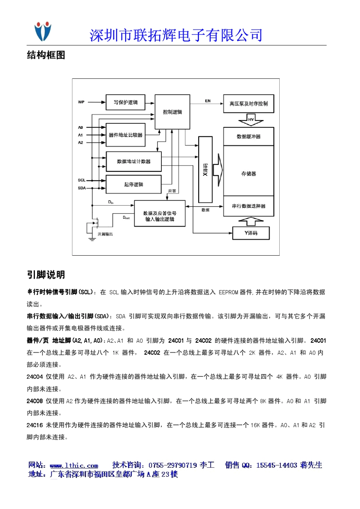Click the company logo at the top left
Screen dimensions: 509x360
click(x=43, y=31)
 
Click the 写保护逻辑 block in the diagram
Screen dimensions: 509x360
click(x=125, y=102)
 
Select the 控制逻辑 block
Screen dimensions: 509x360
click(x=172, y=112)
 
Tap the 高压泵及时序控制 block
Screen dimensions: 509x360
click(x=249, y=103)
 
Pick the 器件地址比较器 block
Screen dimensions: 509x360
click(x=125, y=135)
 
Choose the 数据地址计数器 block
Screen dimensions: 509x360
click(x=134, y=161)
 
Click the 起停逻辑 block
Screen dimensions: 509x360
click(x=134, y=184)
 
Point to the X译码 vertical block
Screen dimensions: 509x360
click(x=205, y=170)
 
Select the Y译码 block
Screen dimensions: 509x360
click(x=251, y=233)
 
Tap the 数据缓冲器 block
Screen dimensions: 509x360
click(x=249, y=136)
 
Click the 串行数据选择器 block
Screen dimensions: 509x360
click(x=249, y=206)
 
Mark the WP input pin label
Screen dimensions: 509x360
click(x=81, y=102)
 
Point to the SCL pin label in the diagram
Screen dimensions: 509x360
click(x=81, y=180)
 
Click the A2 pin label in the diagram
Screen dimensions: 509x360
click(x=80, y=143)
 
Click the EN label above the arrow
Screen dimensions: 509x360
click(x=208, y=101)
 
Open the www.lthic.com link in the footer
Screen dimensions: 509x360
click(x=74, y=465)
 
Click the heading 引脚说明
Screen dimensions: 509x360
click(x=46, y=275)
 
